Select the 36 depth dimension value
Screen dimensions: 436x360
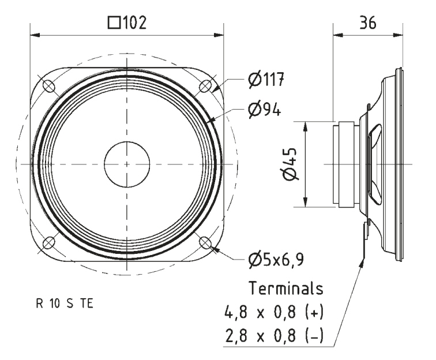point(367,23)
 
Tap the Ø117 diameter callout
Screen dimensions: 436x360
point(266,79)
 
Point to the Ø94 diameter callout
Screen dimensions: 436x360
point(265,110)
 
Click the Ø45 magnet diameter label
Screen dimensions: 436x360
point(290,164)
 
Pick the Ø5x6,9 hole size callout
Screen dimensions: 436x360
point(276,259)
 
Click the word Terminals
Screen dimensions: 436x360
point(286,288)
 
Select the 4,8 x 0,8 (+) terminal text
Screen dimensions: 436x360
point(274,312)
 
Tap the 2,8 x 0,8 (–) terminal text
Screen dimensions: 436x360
point(274,336)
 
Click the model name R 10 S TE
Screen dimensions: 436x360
point(65,303)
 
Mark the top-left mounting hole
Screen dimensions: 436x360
point(48,86)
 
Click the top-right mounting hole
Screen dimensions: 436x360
point(205,86)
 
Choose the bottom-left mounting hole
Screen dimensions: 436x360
point(48,243)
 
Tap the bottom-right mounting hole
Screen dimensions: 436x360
point(205,243)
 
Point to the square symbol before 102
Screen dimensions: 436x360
point(114,23)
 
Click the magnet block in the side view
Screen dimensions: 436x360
point(346,164)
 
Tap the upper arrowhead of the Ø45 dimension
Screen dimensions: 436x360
point(305,127)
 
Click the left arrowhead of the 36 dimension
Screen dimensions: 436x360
point(338,35)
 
